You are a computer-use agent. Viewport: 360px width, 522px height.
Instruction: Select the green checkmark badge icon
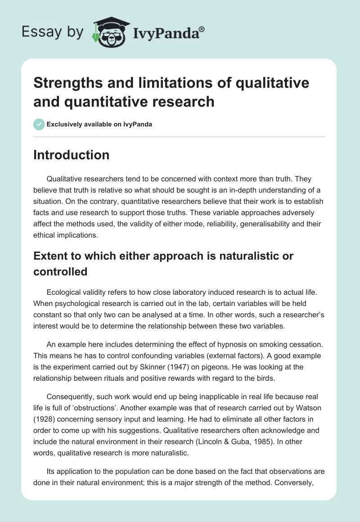tap(39, 124)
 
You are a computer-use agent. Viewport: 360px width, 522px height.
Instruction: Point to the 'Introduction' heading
tap(71, 155)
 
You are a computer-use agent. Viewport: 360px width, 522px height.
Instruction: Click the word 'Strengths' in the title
tap(63, 83)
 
